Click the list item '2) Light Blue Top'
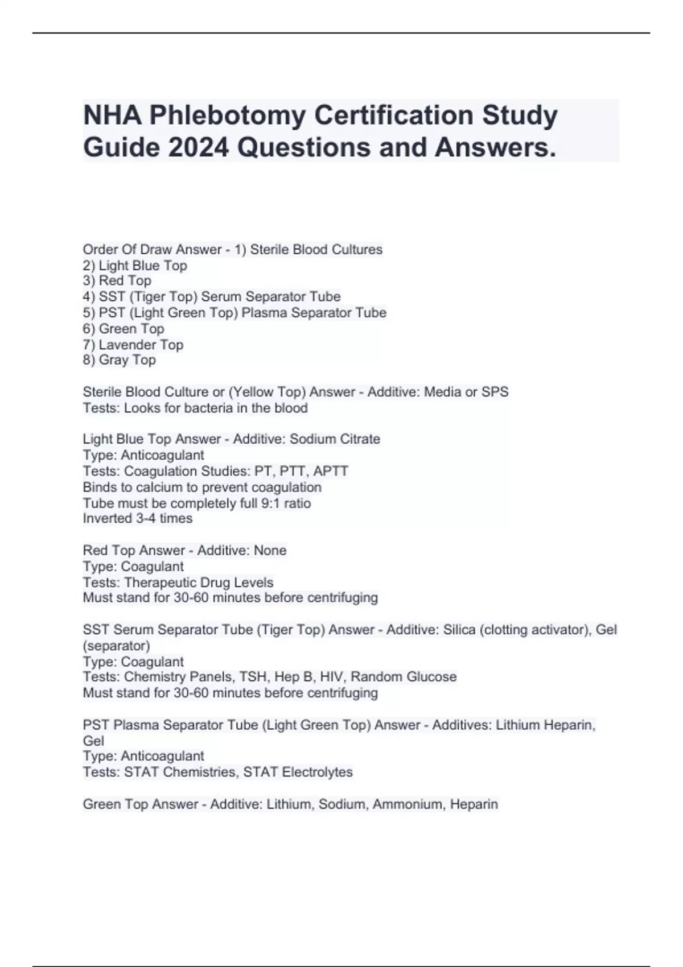click(135, 266)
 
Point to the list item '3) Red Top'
click(117, 281)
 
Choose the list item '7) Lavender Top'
click(133, 345)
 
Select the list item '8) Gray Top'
click(120, 360)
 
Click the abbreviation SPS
click(495, 392)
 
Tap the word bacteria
click(221, 408)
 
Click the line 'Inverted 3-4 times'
click(138, 519)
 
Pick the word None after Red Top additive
click(270, 551)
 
